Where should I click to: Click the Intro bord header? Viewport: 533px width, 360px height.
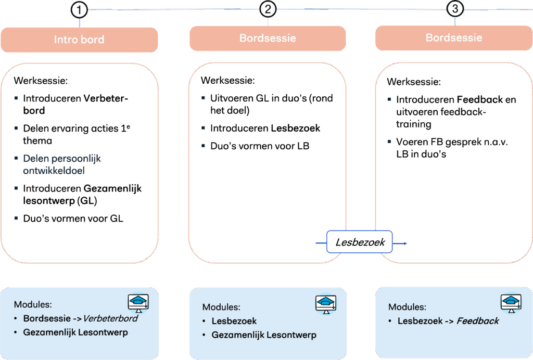[x=79, y=40]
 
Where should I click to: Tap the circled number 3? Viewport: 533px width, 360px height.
[x=455, y=8]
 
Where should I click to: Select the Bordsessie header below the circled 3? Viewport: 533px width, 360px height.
[x=454, y=38]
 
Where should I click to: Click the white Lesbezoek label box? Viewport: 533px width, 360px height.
[x=360, y=242]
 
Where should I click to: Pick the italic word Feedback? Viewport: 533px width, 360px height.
[x=477, y=321]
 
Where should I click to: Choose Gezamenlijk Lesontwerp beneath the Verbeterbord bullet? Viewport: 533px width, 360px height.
[x=75, y=332]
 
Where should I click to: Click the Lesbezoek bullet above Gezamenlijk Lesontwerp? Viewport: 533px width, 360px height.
[x=234, y=321]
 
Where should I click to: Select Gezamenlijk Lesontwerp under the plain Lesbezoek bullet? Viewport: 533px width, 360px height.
[x=263, y=335]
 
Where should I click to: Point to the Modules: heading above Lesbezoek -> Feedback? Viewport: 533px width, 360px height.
[x=407, y=307]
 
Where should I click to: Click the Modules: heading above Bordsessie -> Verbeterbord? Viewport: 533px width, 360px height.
[x=33, y=304]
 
